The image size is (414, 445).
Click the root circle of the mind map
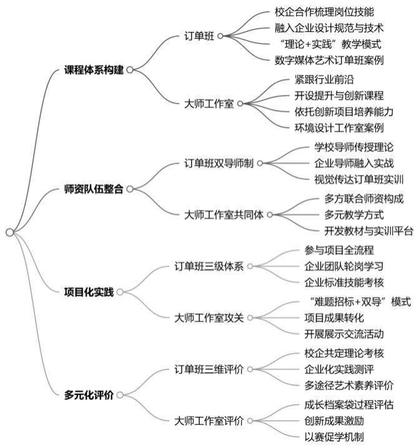coord(9,232)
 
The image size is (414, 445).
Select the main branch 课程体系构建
coord(94,70)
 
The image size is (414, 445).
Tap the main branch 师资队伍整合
coord(94,188)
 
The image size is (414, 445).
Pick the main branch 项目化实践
coord(89,291)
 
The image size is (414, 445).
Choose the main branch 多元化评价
coord(89,394)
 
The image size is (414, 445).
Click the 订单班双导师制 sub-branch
coord(219,164)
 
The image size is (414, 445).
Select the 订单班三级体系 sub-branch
coord(209,266)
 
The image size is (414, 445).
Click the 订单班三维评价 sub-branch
coord(209,369)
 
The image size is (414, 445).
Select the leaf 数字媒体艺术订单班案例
coord(329,60)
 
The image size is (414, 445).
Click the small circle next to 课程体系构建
coord(130,70)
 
